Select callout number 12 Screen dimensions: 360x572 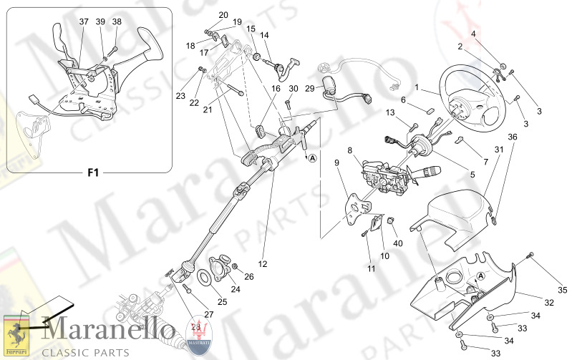click(263, 264)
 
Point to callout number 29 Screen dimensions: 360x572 click(309, 88)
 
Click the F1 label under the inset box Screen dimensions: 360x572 click(92, 173)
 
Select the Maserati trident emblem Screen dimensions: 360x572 click(198, 334)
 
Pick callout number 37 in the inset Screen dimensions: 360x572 click(84, 22)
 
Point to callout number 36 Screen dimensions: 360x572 click(512, 136)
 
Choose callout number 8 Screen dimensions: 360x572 click(350, 150)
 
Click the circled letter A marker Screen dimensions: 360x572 click(313, 160)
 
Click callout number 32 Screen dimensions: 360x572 click(549, 303)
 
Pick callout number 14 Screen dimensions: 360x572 click(264, 35)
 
